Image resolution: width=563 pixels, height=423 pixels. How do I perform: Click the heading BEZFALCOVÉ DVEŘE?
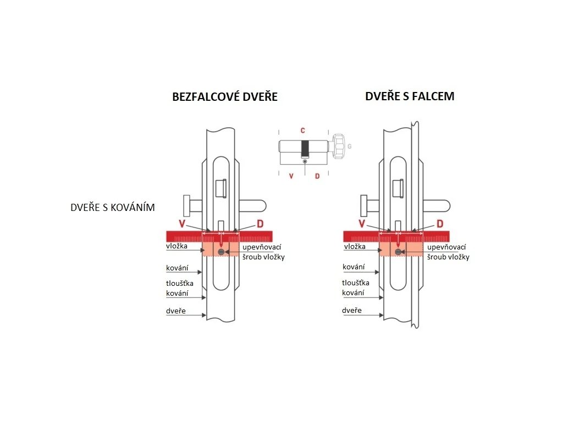[x=225, y=97]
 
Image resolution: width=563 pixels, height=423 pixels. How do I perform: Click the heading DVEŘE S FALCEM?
[x=410, y=96]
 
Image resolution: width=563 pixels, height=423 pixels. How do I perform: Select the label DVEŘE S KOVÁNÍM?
[x=113, y=208]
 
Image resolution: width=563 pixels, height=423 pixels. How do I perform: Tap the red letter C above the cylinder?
[x=302, y=131]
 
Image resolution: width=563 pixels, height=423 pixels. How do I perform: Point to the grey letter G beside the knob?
[x=350, y=147]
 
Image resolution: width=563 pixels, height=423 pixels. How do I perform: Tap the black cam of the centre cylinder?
[x=305, y=149]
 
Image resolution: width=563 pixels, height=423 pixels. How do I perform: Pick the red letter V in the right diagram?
[x=361, y=223]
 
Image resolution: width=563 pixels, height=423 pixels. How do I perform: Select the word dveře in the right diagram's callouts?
[x=352, y=311]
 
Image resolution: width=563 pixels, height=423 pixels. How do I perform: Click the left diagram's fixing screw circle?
[x=221, y=252]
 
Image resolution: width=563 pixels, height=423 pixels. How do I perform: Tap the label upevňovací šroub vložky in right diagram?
[x=448, y=252]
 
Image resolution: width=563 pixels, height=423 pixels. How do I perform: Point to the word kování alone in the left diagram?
[x=177, y=269]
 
